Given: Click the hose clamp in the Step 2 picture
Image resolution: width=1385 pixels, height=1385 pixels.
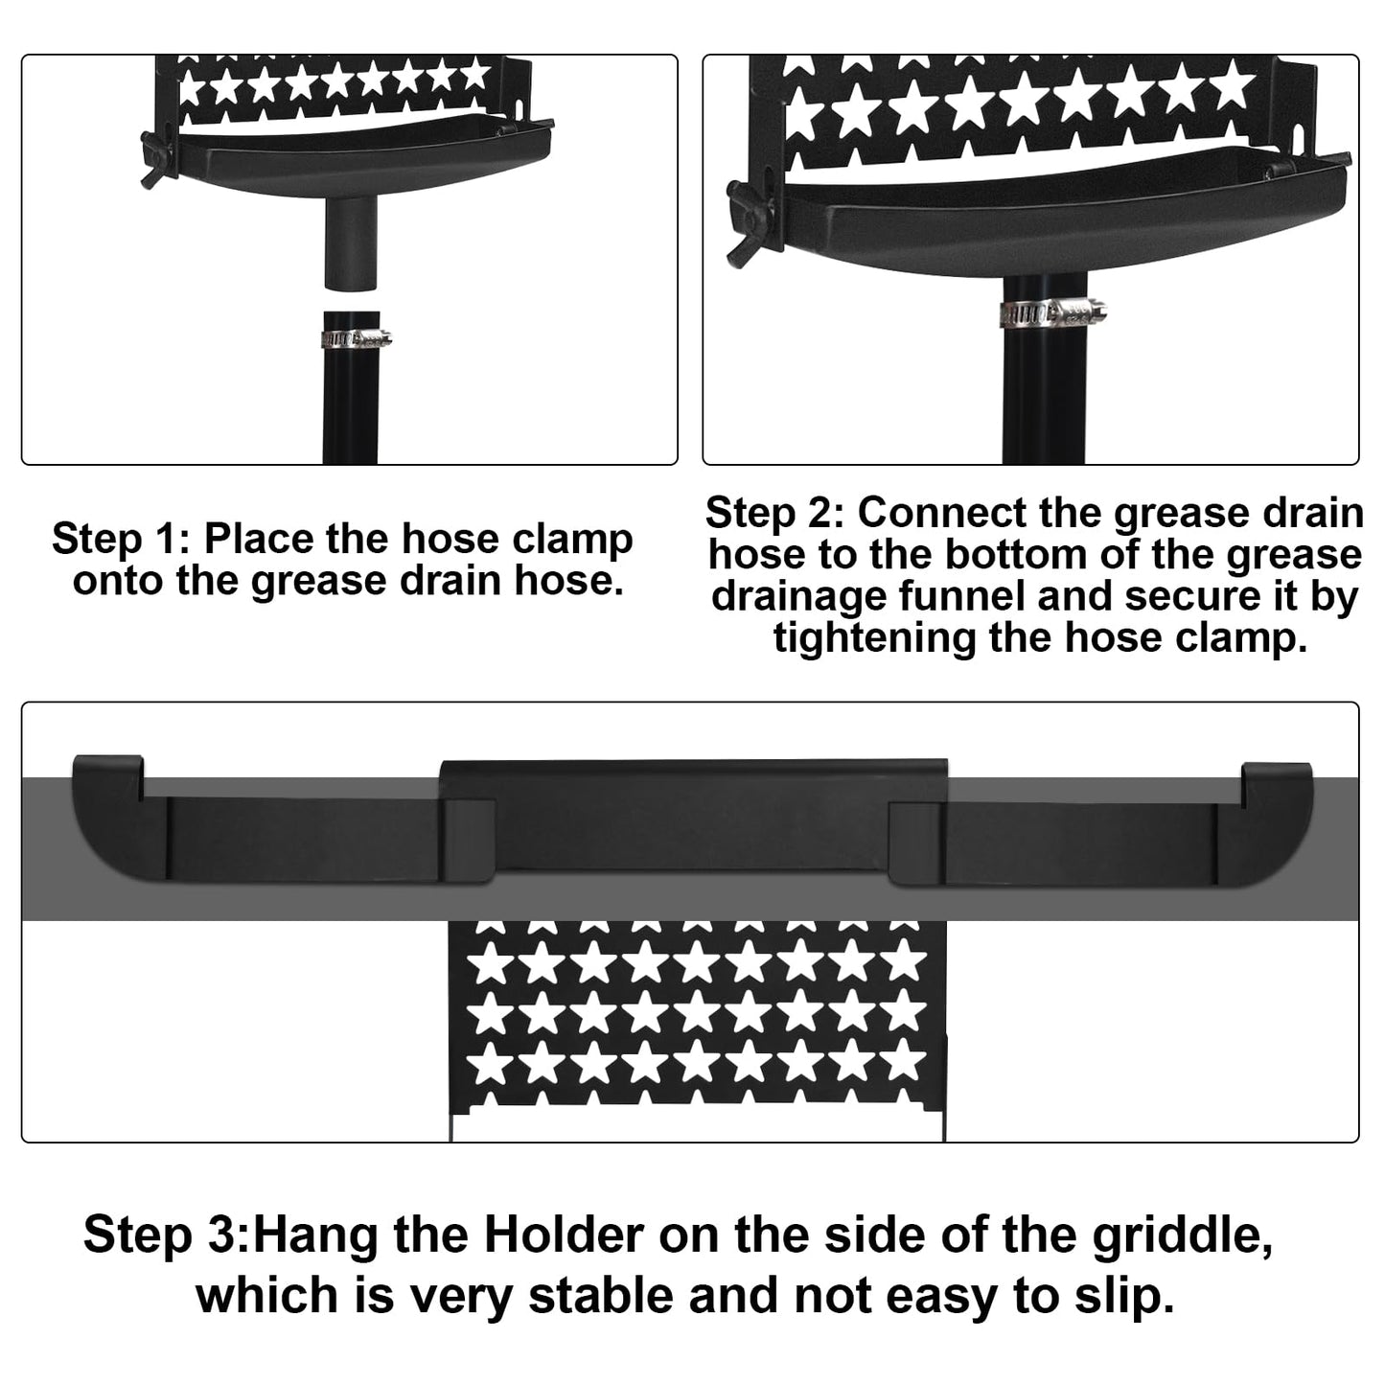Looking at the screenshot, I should point(1051,312).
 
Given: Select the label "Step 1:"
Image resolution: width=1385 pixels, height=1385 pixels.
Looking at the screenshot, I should point(120,539).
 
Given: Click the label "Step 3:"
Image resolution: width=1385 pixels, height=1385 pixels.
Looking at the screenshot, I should point(166,1235).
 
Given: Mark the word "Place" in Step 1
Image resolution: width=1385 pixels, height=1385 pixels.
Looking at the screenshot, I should point(258,539).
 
